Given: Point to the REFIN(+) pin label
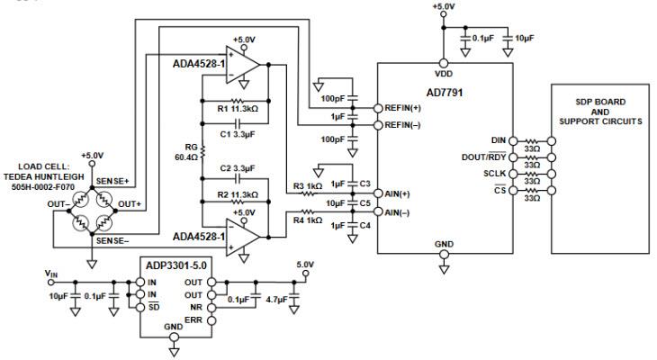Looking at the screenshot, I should [402, 107].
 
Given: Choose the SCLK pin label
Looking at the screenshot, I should [493, 172].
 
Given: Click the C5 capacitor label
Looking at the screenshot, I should [364, 202].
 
